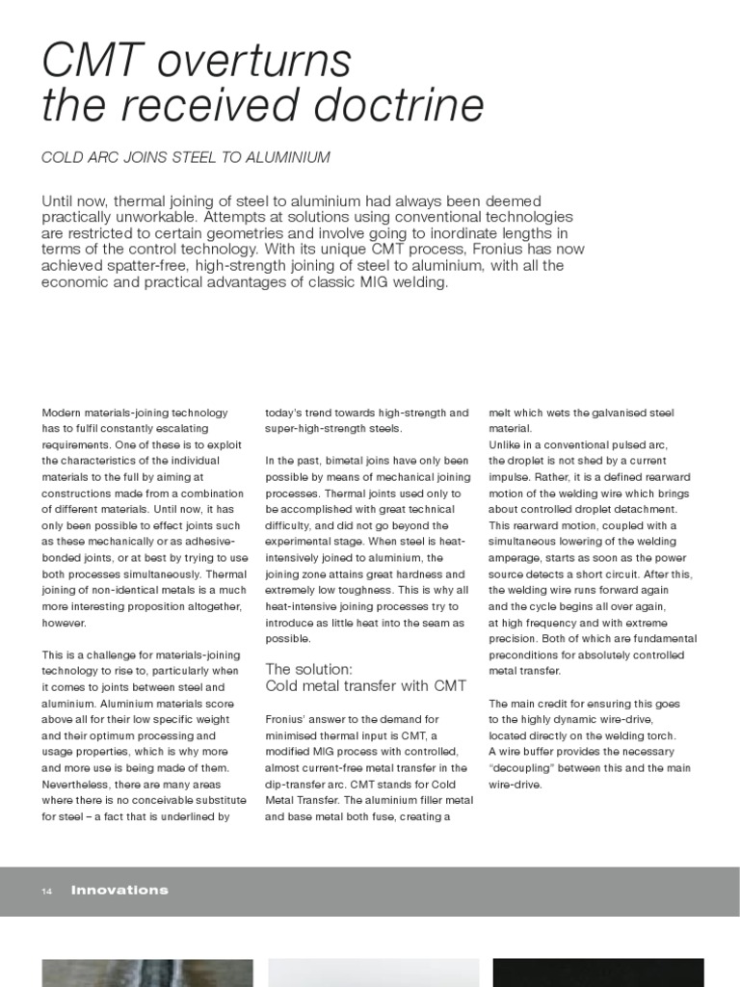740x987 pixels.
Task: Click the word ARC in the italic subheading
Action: coord(115,156)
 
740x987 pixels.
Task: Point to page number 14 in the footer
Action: coord(46,892)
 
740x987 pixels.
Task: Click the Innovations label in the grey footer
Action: coord(119,891)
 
